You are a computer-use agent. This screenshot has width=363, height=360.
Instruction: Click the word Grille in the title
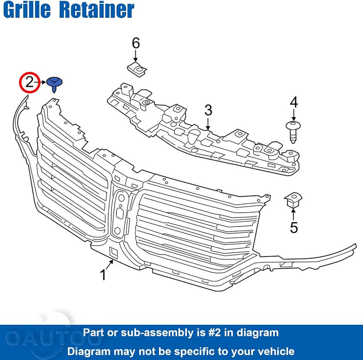point(27,9)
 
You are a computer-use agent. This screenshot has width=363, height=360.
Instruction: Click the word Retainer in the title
point(97,9)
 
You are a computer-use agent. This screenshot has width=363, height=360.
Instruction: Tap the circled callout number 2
point(30,82)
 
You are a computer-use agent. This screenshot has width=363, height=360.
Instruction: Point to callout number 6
point(136,43)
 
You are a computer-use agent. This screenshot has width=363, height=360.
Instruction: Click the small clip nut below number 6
point(137,69)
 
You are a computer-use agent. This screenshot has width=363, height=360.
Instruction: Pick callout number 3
point(208,110)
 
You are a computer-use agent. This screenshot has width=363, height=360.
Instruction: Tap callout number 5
point(294,227)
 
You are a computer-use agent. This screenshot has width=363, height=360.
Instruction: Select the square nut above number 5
point(293,200)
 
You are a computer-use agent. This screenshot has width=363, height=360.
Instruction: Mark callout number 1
point(103,275)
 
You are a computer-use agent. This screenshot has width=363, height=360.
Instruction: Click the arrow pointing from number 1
point(110,264)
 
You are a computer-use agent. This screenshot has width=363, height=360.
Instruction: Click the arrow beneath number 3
point(208,124)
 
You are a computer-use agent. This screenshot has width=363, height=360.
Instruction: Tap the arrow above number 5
point(293,214)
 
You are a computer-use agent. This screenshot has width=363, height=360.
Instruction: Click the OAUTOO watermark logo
point(54,339)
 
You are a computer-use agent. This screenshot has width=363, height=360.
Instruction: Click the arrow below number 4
point(294,115)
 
